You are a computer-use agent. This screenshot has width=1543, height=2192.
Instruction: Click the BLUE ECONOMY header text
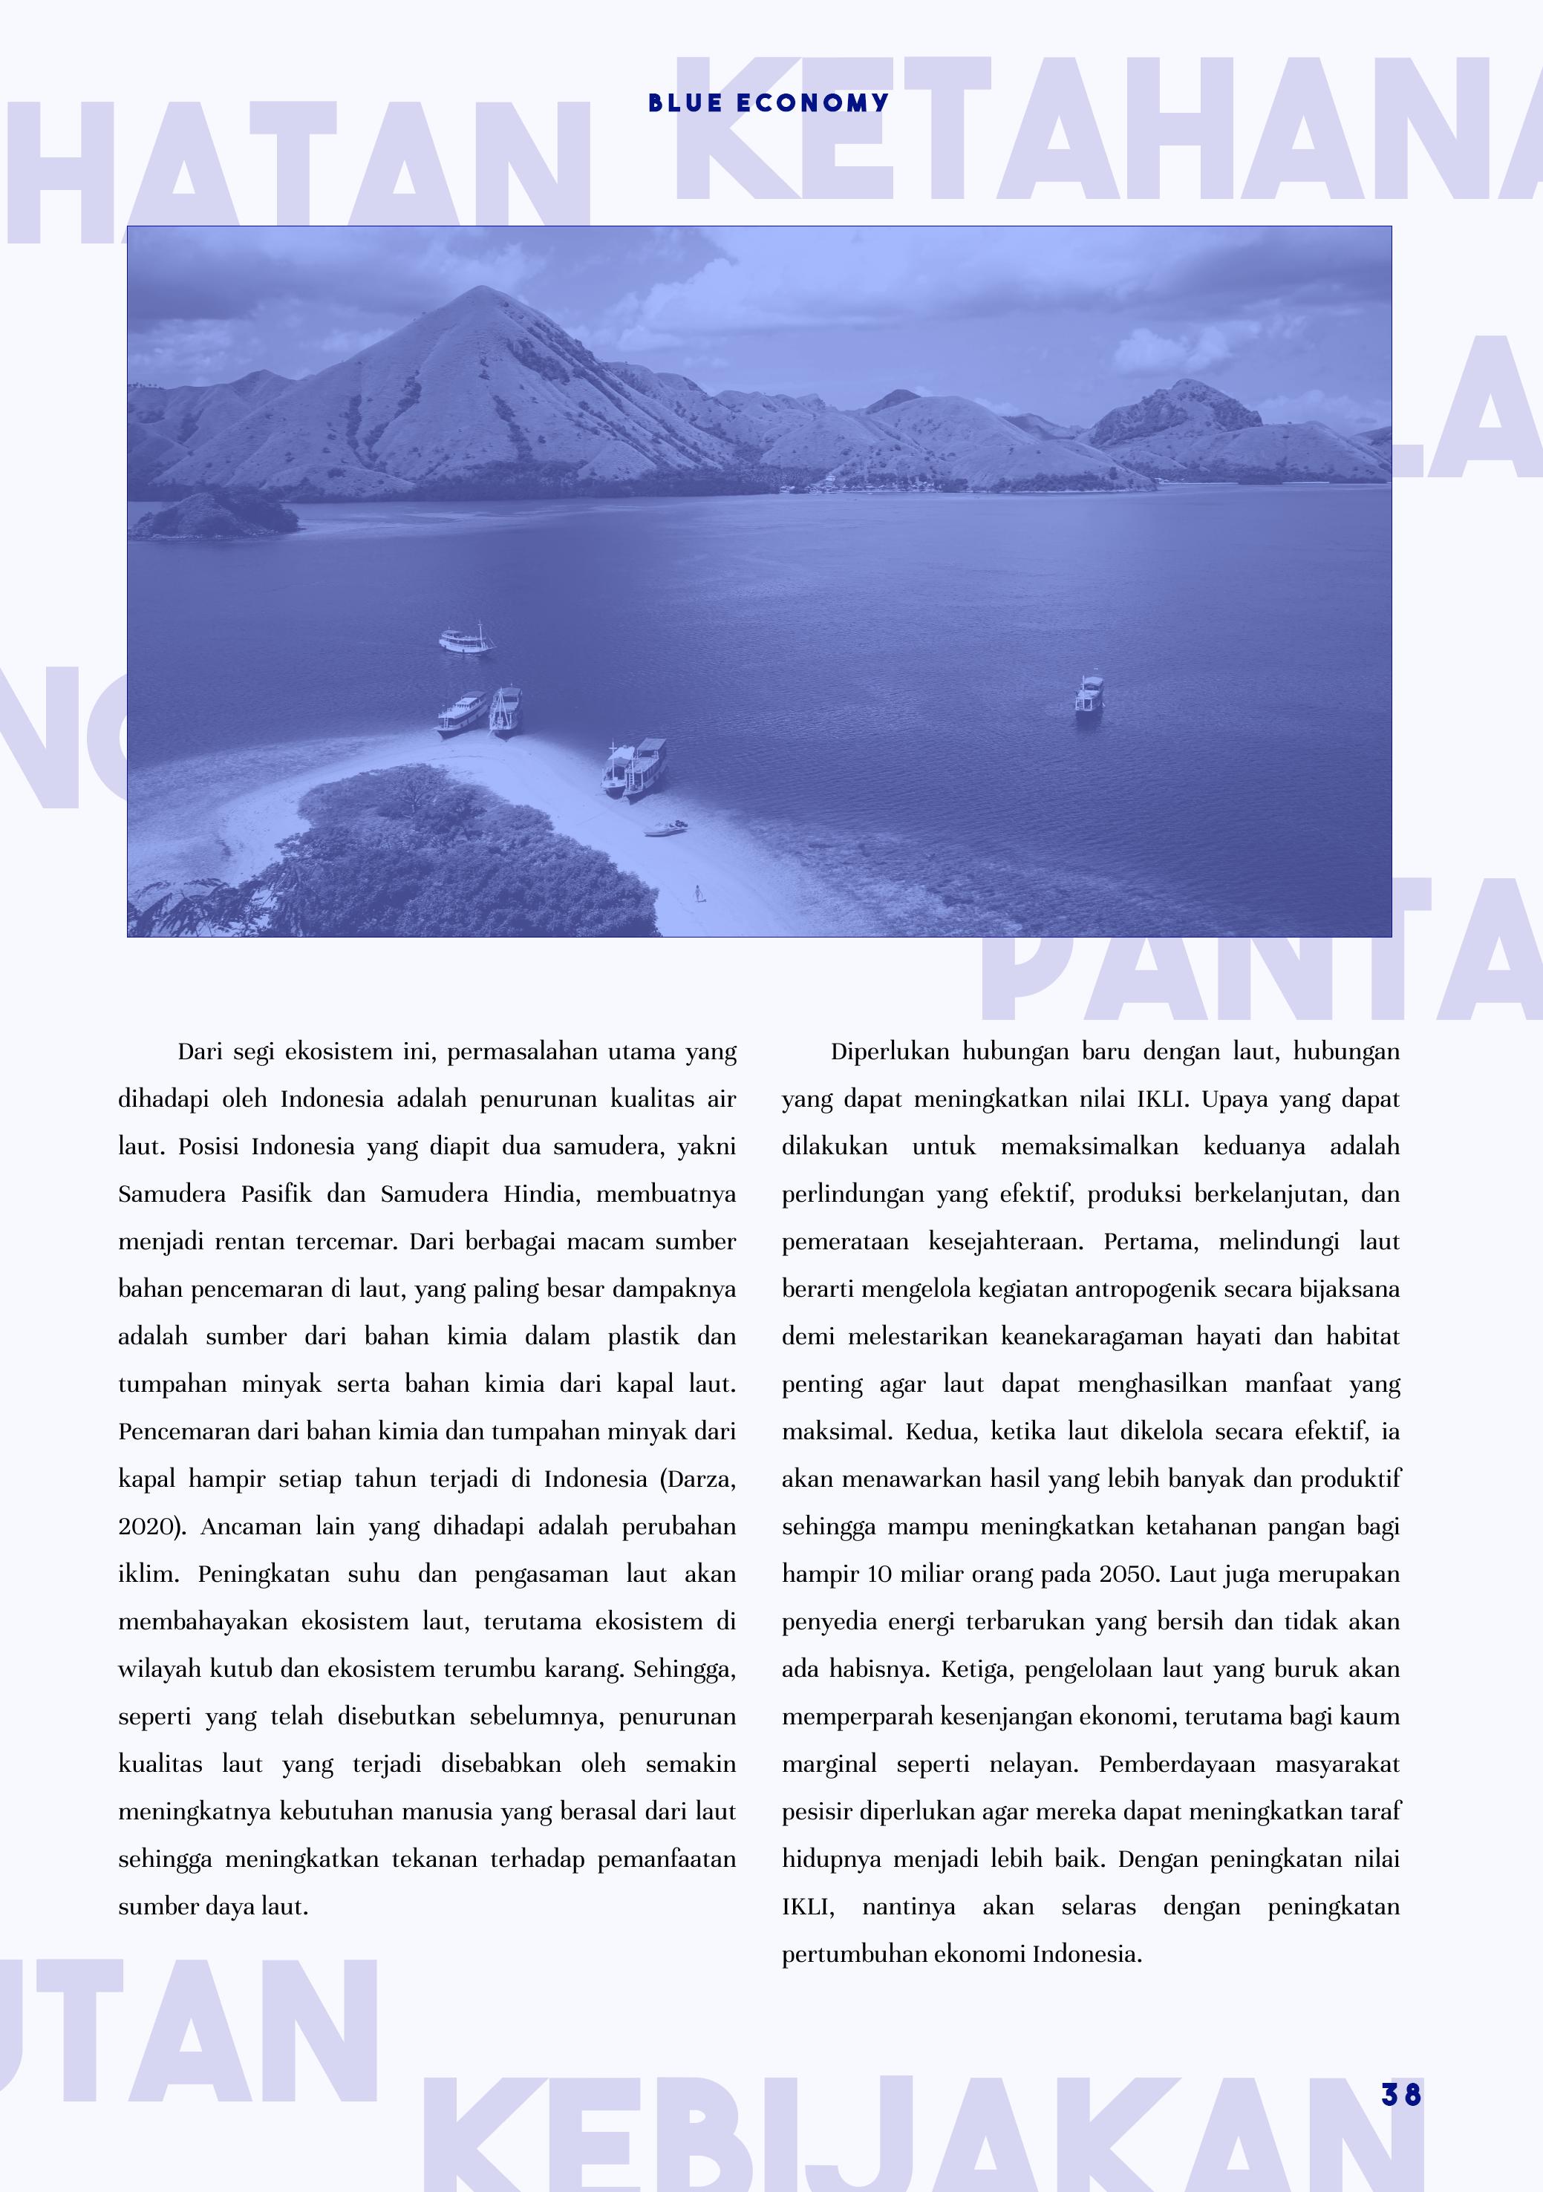tap(769, 103)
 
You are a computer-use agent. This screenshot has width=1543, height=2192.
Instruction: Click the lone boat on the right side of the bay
tap(1089, 694)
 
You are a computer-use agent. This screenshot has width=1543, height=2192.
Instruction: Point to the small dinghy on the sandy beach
tap(665, 827)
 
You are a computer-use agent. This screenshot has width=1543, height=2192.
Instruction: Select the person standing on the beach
tap(698, 893)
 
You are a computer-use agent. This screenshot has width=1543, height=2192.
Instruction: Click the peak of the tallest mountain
tap(474, 290)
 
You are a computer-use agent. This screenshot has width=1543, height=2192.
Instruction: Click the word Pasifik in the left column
tap(276, 1194)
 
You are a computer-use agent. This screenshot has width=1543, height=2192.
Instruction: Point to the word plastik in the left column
tap(642, 1337)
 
